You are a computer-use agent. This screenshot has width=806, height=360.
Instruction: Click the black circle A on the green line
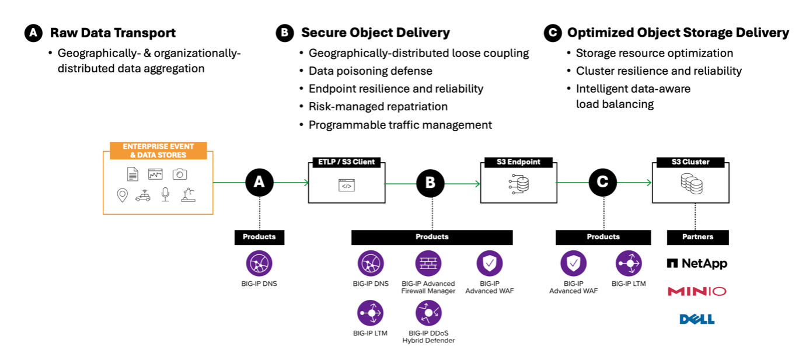pos(259,183)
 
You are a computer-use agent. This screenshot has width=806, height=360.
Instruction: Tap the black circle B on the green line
pos(430,183)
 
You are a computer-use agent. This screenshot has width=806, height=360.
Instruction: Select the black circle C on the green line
pos(603,183)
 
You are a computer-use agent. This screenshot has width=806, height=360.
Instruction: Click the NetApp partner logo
pos(697,264)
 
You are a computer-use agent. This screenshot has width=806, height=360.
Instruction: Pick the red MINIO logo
pos(697,291)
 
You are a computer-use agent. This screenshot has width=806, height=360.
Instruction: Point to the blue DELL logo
pos(697,319)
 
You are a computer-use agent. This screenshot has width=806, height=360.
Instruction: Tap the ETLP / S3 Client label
pos(347,162)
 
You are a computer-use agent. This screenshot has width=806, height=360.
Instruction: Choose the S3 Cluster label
pos(690,162)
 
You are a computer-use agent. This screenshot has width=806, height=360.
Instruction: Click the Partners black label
pos(697,237)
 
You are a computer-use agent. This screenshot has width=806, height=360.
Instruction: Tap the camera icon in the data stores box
pos(179,174)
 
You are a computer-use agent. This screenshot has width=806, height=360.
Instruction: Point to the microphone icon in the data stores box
pos(166,194)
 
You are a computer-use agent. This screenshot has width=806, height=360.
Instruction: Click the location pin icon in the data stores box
pos(122,195)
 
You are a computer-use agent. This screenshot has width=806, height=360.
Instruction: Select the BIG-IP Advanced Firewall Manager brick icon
pos(428,264)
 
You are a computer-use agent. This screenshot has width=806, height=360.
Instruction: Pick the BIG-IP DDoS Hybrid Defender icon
pos(428,313)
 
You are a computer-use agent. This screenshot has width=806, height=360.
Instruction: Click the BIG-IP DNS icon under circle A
pos(259,264)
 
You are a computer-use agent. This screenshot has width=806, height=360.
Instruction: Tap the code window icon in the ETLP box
pos(346,186)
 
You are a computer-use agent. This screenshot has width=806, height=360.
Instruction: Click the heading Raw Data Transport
pos(113,33)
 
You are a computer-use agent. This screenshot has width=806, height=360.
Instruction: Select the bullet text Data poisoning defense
pos(370,71)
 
